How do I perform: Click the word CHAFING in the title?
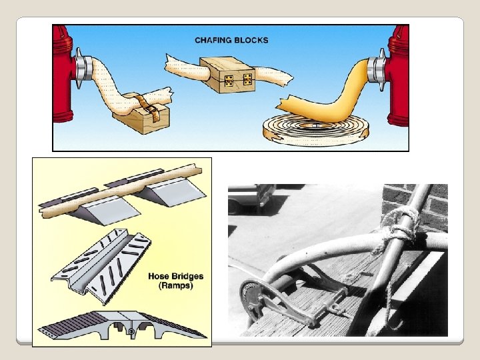[213, 40]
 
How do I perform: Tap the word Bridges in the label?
[187, 276]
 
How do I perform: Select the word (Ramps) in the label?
[176, 285]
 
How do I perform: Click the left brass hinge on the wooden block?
[229, 81]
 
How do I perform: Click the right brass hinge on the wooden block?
[247, 79]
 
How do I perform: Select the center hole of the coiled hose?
[315, 125]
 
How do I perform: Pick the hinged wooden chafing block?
[228, 75]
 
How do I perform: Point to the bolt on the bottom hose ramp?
[131, 331]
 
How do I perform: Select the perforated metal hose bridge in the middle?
[101, 267]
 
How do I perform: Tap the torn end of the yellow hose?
[284, 103]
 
